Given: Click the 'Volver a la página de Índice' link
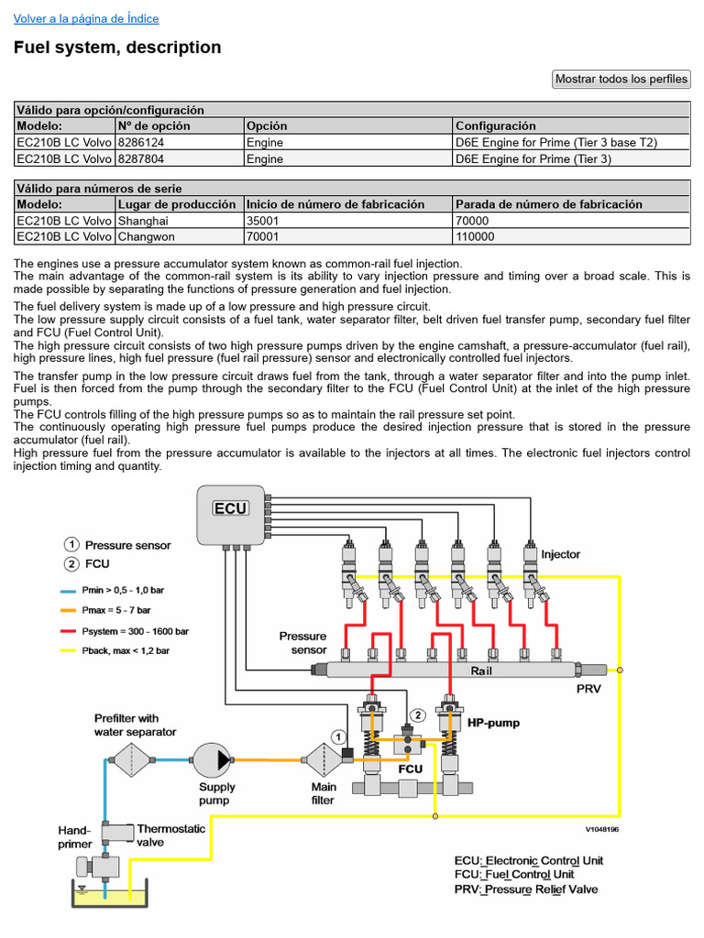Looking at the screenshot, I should click(x=86, y=18).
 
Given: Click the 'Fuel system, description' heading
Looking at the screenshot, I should click(x=117, y=48).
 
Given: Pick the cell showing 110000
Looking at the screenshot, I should click(x=475, y=236).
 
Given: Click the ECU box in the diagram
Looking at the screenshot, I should click(x=230, y=508).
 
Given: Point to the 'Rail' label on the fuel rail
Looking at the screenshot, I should click(x=482, y=671).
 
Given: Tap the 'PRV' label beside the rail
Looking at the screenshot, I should click(x=588, y=689).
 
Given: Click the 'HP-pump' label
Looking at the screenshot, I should click(x=493, y=723).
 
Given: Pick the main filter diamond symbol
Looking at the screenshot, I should click(x=322, y=758).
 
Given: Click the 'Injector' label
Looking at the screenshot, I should click(x=560, y=554).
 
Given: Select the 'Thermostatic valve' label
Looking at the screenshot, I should click(x=170, y=834).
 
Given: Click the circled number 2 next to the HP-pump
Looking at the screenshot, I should click(x=418, y=714).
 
